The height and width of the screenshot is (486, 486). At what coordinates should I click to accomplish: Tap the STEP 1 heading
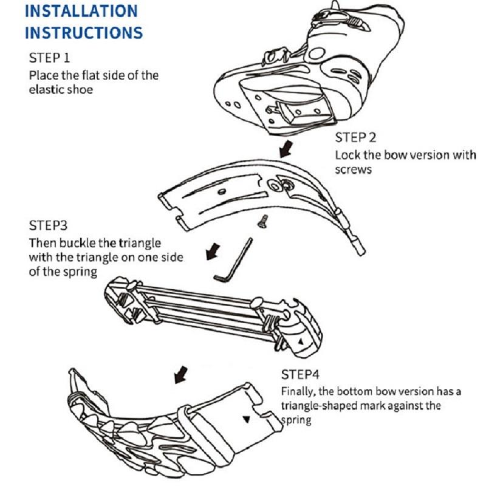pyautogui.click(x=50, y=58)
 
